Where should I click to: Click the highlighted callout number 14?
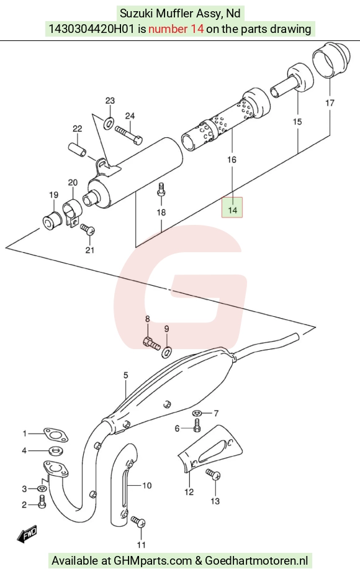pyautogui.click(x=232, y=210)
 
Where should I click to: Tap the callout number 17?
pyautogui.click(x=330, y=103)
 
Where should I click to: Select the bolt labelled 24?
pyautogui.click(x=128, y=134)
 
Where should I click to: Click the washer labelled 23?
pyautogui.click(x=108, y=124)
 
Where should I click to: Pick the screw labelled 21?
pyautogui.click(x=88, y=230)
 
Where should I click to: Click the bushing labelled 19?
pyautogui.click(x=50, y=222)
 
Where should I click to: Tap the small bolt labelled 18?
pyautogui.click(x=161, y=190)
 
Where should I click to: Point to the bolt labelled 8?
pyautogui.click(x=151, y=344)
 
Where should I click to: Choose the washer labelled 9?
pyautogui.click(x=167, y=352)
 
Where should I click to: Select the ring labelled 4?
pyautogui.click(x=55, y=450)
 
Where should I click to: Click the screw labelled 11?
pyautogui.click(x=138, y=522)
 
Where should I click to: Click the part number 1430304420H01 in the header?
pyautogui.click(x=91, y=29)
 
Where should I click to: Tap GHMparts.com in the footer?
pyautogui.click(x=153, y=561)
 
